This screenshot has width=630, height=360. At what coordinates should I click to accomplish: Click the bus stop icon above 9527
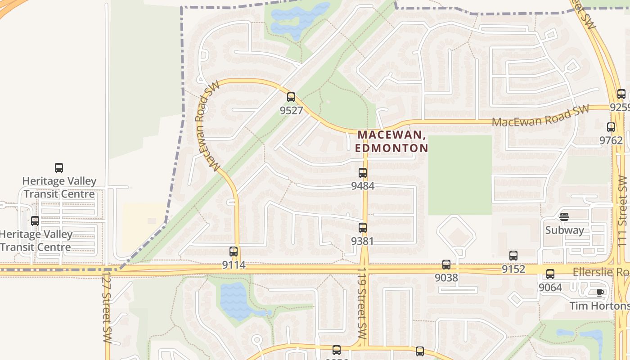(291, 97)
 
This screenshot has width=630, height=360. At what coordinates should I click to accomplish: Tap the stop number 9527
(291, 110)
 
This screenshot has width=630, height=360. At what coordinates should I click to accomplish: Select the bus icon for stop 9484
(363, 172)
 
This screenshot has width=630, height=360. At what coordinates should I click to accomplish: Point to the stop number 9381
(363, 241)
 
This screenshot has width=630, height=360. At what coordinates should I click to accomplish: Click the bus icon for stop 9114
(234, 251)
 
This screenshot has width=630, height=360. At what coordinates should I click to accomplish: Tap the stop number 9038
(446, 278)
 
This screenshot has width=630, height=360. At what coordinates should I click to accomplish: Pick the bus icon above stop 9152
(513, 256)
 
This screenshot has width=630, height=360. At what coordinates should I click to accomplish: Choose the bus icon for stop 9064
(550, 274)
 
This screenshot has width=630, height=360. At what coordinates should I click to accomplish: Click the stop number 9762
(611, 140)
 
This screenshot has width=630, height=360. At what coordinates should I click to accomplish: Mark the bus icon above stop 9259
(621, 94)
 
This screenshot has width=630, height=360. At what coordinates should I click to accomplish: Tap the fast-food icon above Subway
(564, 217)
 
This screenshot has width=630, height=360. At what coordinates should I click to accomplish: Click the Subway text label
(564, 230)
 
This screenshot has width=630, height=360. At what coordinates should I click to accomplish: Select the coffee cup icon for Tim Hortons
(600, 292)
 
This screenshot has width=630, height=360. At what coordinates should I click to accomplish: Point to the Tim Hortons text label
(599, 306)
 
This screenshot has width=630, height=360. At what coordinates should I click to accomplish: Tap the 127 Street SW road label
(107, 306)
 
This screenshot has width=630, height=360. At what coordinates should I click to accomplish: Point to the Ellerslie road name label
(601, 272)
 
